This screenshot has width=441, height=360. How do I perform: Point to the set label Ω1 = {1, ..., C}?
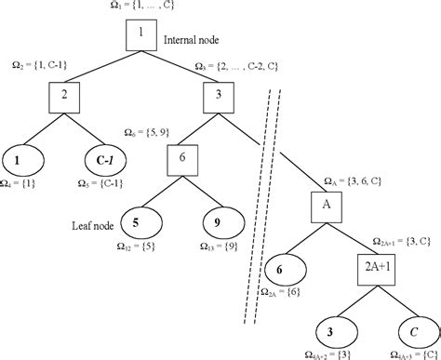(x=141, y=7)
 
